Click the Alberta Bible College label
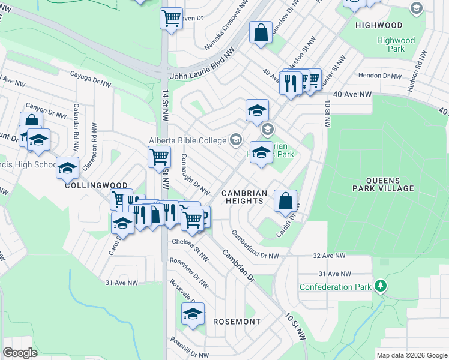(187, 140)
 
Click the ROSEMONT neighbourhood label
(237, 322)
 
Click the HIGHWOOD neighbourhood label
(378, 25)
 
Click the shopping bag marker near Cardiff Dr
(286, 202)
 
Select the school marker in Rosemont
(193, 314)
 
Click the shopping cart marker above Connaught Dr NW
(159, 157)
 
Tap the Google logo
(20, 353)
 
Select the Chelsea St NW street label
(190, 248)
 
